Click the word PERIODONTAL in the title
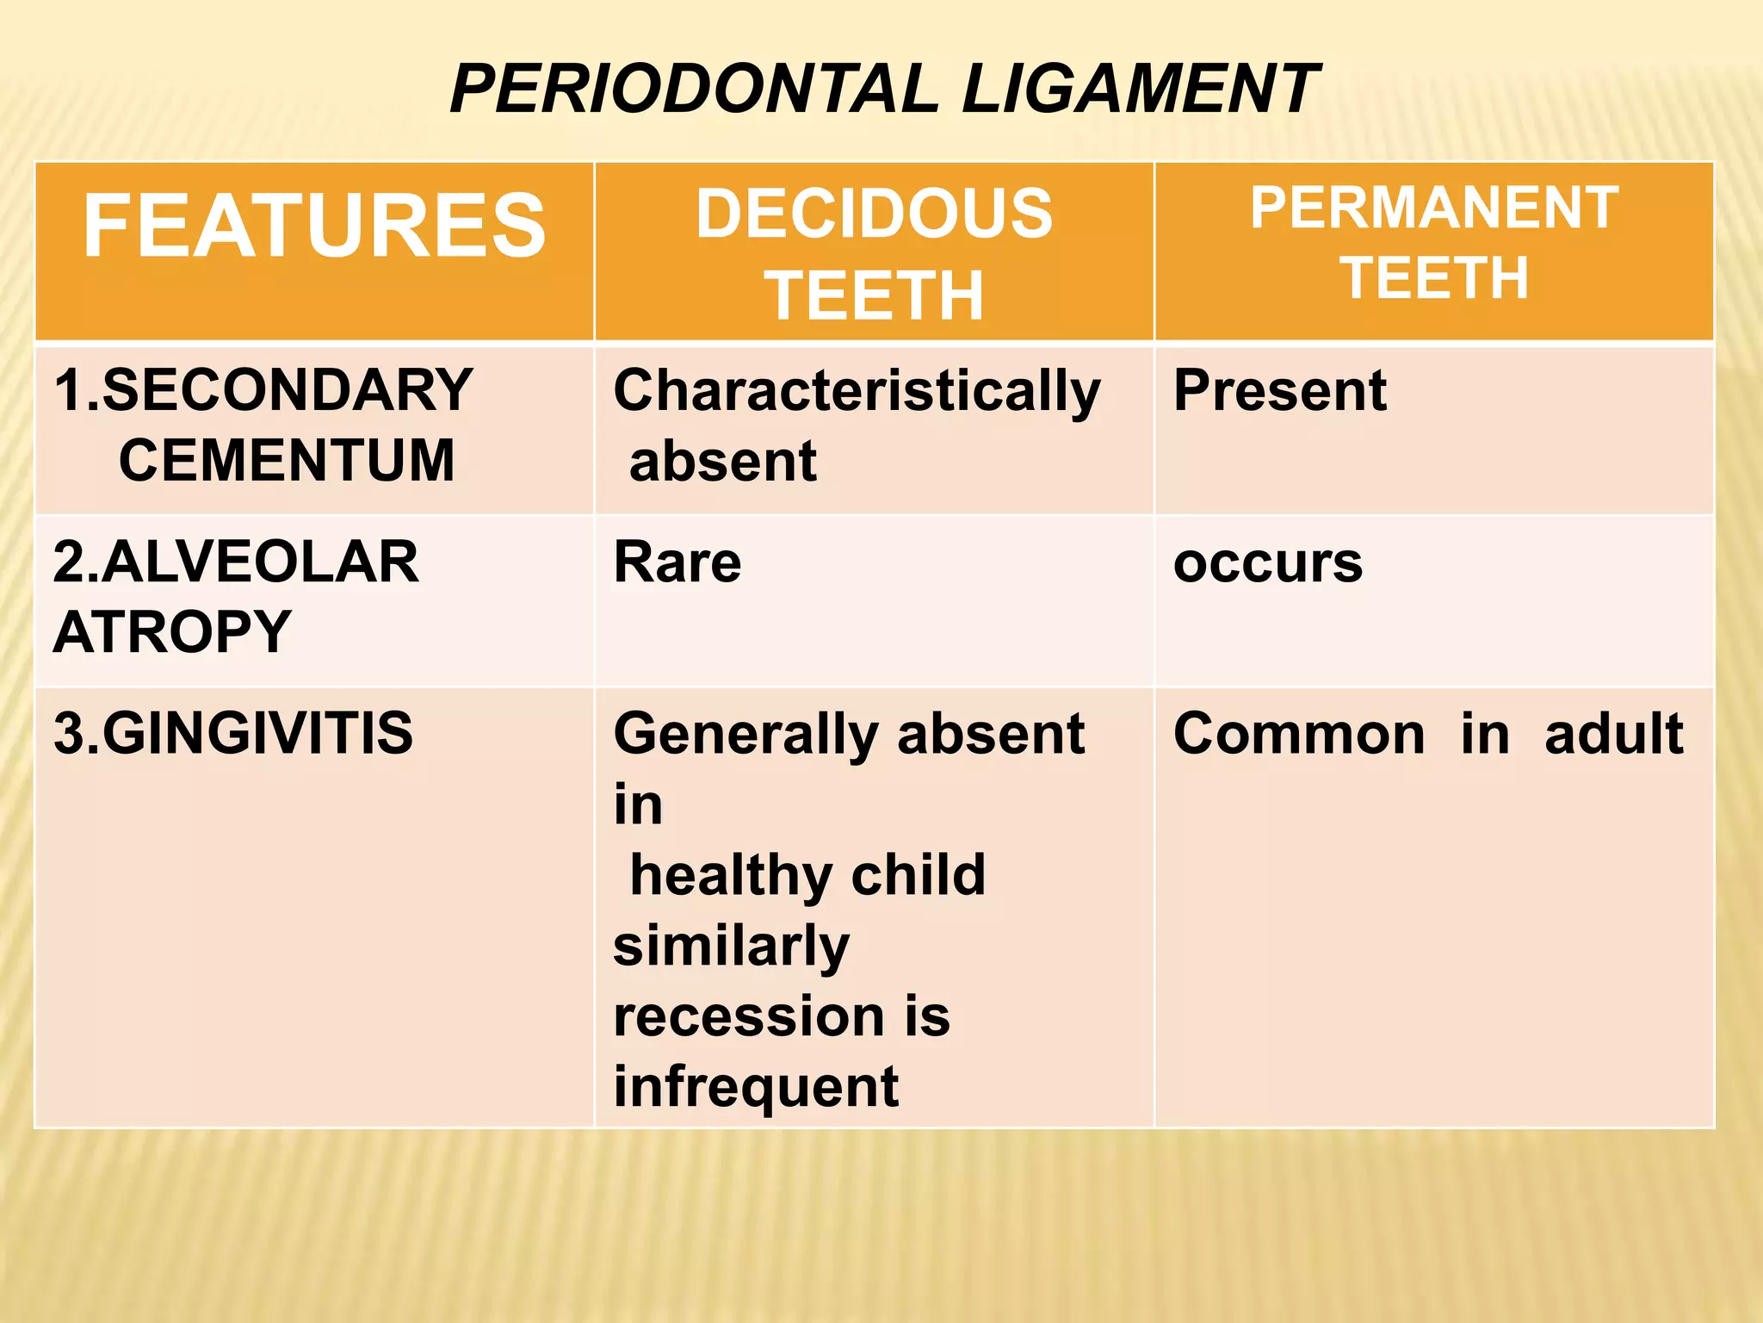[x=695, y=89]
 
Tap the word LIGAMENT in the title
[x=1139, y=89]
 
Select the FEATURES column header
[x=314, y=226]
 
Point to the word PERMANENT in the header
[x=1434, y=208]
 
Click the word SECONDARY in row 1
[x=288, y=390]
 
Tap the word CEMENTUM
[x=287, y=461]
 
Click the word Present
[x=1280, y=390]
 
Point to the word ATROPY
[x=172, y=632]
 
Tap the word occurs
[x=1268, y=563]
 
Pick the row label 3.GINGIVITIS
[x=233, y=734]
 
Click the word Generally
[x=745, y=736]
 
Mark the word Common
[x=1299, y=734]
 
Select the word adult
[x=1613, y=734]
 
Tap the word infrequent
[x=756, y=1088]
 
